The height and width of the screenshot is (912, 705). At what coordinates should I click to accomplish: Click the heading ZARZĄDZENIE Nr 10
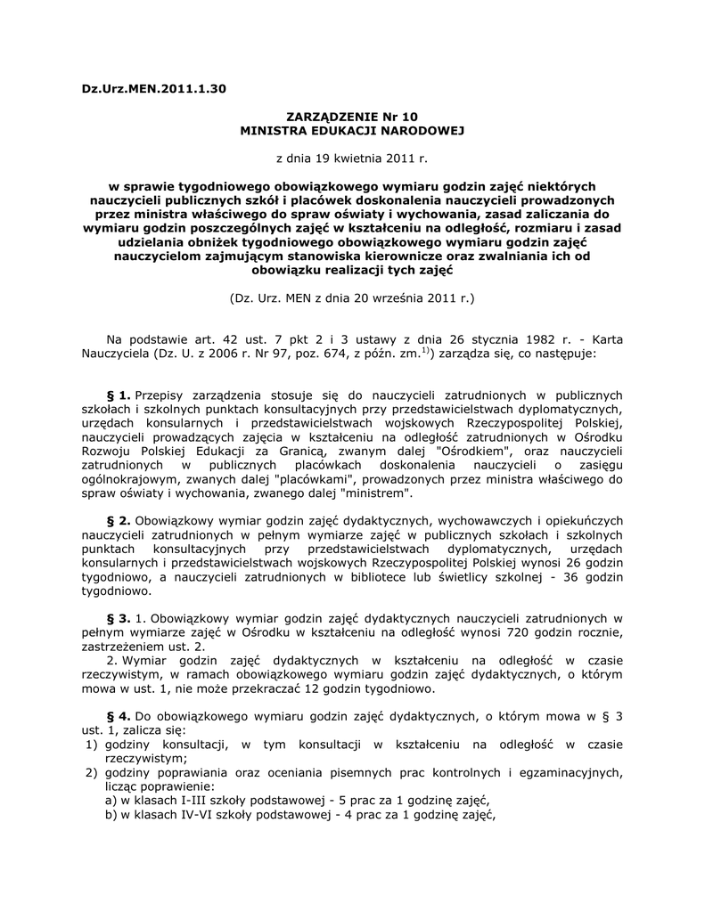[x=351, y=116]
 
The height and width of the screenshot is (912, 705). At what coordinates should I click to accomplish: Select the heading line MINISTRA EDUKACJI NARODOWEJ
[x=351, y=130]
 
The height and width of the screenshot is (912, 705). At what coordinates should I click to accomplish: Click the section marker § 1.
[x=119, y=395]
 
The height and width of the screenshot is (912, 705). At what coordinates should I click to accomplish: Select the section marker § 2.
[x=119, y=521]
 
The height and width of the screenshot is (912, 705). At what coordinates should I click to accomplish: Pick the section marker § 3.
[x=119, y=617]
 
